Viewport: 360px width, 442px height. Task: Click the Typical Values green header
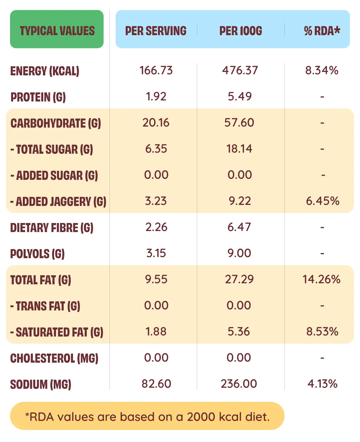pos(57,30)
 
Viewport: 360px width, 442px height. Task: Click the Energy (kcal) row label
pos(45,71)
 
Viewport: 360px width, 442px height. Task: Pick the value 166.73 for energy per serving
pos(156,70)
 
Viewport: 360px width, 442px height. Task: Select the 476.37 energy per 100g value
pos(240,70)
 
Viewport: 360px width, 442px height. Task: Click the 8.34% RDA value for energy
pos(322,70)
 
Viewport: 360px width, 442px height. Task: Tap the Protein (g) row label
pos(38,97)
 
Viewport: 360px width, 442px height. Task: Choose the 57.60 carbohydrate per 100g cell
pos(239,123)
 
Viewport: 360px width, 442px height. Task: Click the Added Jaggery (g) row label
pos(58,202)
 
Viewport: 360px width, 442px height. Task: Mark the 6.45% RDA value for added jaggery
pos(322,201)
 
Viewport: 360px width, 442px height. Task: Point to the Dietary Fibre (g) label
pos(52,228)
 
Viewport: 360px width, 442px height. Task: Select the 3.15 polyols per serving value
pos(156,253)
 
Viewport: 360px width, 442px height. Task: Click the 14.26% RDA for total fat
pos(321,279)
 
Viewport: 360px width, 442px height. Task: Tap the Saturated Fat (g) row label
pos(57,332)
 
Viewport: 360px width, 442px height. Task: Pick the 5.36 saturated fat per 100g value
pos(239,331)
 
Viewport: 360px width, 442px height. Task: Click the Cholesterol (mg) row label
pos(54,358)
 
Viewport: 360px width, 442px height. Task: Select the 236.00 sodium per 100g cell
pos(239,384)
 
